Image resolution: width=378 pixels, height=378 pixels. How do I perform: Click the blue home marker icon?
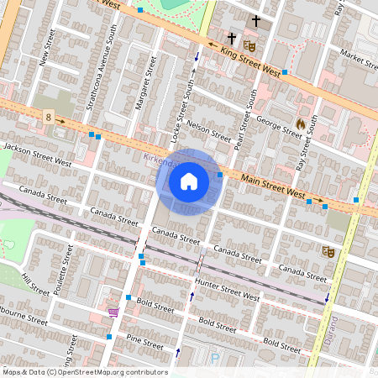(x=189, y=181)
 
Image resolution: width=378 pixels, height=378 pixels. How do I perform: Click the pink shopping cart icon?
(x=113, y=312)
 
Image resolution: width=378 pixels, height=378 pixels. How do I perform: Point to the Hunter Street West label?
(x=227, y=289)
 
